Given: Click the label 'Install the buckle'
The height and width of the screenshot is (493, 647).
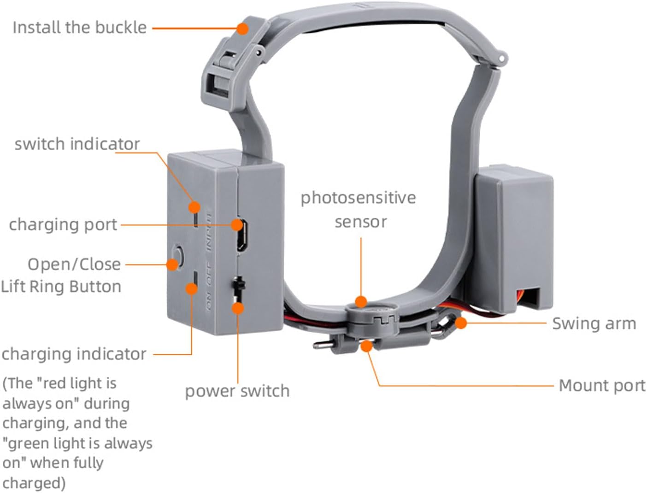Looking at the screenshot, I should tap(79, 28).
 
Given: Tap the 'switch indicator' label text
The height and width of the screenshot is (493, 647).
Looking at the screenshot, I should tap(77, 144).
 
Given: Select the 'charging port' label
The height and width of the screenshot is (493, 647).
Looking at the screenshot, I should tap(63, 225).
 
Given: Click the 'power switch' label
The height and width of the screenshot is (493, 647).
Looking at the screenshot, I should tap(237, 391).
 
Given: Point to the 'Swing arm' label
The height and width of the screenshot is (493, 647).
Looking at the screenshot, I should tap(594, 323).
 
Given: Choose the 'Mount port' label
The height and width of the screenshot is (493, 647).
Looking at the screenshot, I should tap(601, 385).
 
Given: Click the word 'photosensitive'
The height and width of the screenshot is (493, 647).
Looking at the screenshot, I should tap(358, 198).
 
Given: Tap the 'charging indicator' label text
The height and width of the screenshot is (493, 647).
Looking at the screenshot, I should tap(74, 354).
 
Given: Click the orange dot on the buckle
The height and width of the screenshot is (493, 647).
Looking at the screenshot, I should tap(243, 29).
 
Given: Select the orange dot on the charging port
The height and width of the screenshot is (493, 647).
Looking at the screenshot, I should tap(237, 225).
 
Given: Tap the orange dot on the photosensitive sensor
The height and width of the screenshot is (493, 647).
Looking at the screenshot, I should tap(361, 302).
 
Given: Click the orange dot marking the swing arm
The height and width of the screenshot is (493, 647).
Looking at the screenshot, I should tap(460, 323).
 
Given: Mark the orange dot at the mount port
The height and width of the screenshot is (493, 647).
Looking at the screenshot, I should tap(366, 346).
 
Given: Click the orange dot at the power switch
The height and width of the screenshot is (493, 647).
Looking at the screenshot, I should tap(238, 308).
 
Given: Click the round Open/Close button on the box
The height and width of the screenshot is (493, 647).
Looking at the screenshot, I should tap(178, 254).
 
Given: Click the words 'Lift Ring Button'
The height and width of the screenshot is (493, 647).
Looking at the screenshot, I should tap(61, 287).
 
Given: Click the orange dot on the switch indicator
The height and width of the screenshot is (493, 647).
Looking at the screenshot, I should tap(195, 207).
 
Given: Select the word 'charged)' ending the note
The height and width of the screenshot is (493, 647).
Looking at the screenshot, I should tap(34, 483).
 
